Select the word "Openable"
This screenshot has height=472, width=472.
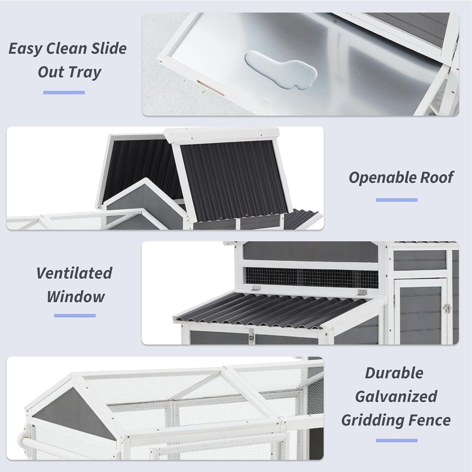click(x=382, y=178)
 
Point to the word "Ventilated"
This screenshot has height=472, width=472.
click(x=74, y=273)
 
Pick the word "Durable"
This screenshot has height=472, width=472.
click(x=394, y=373)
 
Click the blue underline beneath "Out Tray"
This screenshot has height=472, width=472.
click(x=64, y=92)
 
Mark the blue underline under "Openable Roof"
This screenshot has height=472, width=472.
click(x=397, y=200)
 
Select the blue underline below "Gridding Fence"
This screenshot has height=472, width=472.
click(x=397, y=440)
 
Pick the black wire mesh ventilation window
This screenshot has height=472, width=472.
click(x=312, y=278)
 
